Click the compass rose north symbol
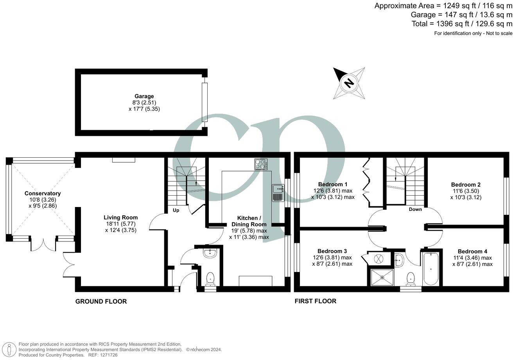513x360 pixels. click(x=349, y=83)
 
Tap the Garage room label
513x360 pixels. click(x=144, y=96)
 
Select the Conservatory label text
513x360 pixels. click(x=43, y=193)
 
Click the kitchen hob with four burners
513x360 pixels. click(x=261, y=164)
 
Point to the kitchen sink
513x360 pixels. click(x=278, y=193)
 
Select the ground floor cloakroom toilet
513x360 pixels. click(x=210, y=278)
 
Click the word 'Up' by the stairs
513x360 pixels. click(x=176, y=211)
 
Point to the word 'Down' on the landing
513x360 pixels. click(x=415, y=209)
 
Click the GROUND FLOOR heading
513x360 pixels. click(x=101, y=301)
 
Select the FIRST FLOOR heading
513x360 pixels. click(x=315, y=301)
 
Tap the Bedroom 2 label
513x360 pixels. click(x=466, y=185)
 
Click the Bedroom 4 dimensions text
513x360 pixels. click(x=472, y=261)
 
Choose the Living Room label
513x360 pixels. click(x=120, y=218)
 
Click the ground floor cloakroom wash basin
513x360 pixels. click(x=210, y=253)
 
